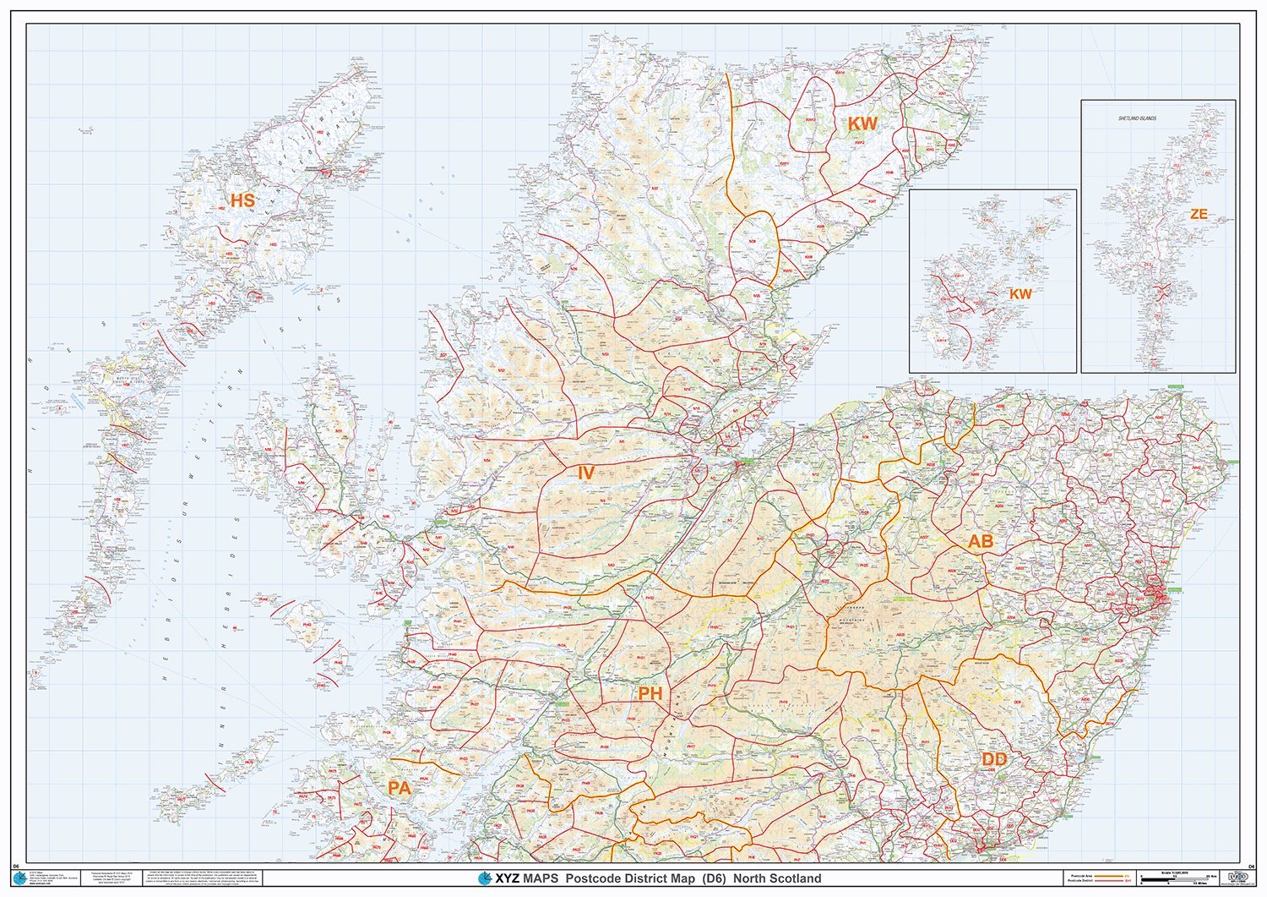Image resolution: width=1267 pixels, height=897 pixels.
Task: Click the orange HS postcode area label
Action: [242, 201]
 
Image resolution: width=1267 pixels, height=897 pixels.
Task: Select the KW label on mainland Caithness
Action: [862, 123]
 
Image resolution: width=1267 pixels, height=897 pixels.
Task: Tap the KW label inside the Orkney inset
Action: [1020, 294]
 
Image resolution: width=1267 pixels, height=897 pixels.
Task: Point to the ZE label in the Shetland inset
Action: [1199, 215]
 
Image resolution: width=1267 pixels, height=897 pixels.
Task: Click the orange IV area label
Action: [585, 473]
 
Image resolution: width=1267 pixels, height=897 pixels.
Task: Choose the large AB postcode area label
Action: [980, 541]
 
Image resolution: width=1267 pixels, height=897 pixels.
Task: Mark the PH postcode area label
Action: [650, 694]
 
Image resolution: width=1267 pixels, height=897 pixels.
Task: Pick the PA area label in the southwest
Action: [399, 788]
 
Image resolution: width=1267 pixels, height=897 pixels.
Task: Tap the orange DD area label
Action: [994, 760]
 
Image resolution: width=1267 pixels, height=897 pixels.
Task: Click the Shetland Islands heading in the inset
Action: [1136, 118]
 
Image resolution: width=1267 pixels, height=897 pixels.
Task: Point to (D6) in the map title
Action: [713, 878]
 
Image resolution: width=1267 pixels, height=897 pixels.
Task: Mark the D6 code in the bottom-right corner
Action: [1251, 867]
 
